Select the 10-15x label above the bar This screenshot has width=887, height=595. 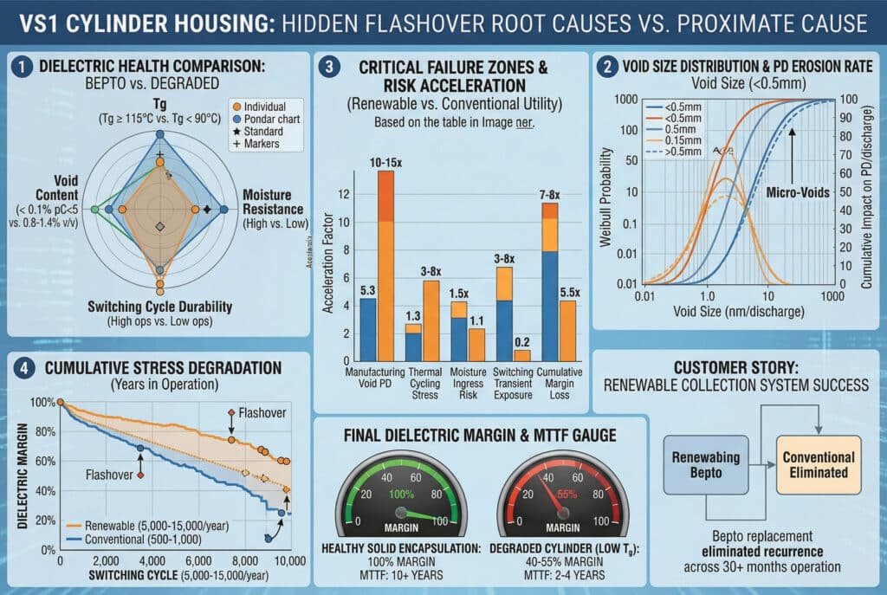coord(385,161)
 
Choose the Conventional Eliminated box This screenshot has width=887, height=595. coord(819,465)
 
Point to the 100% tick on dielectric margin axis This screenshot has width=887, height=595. coord(42,403)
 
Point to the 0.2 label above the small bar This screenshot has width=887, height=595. coord(521,341)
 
